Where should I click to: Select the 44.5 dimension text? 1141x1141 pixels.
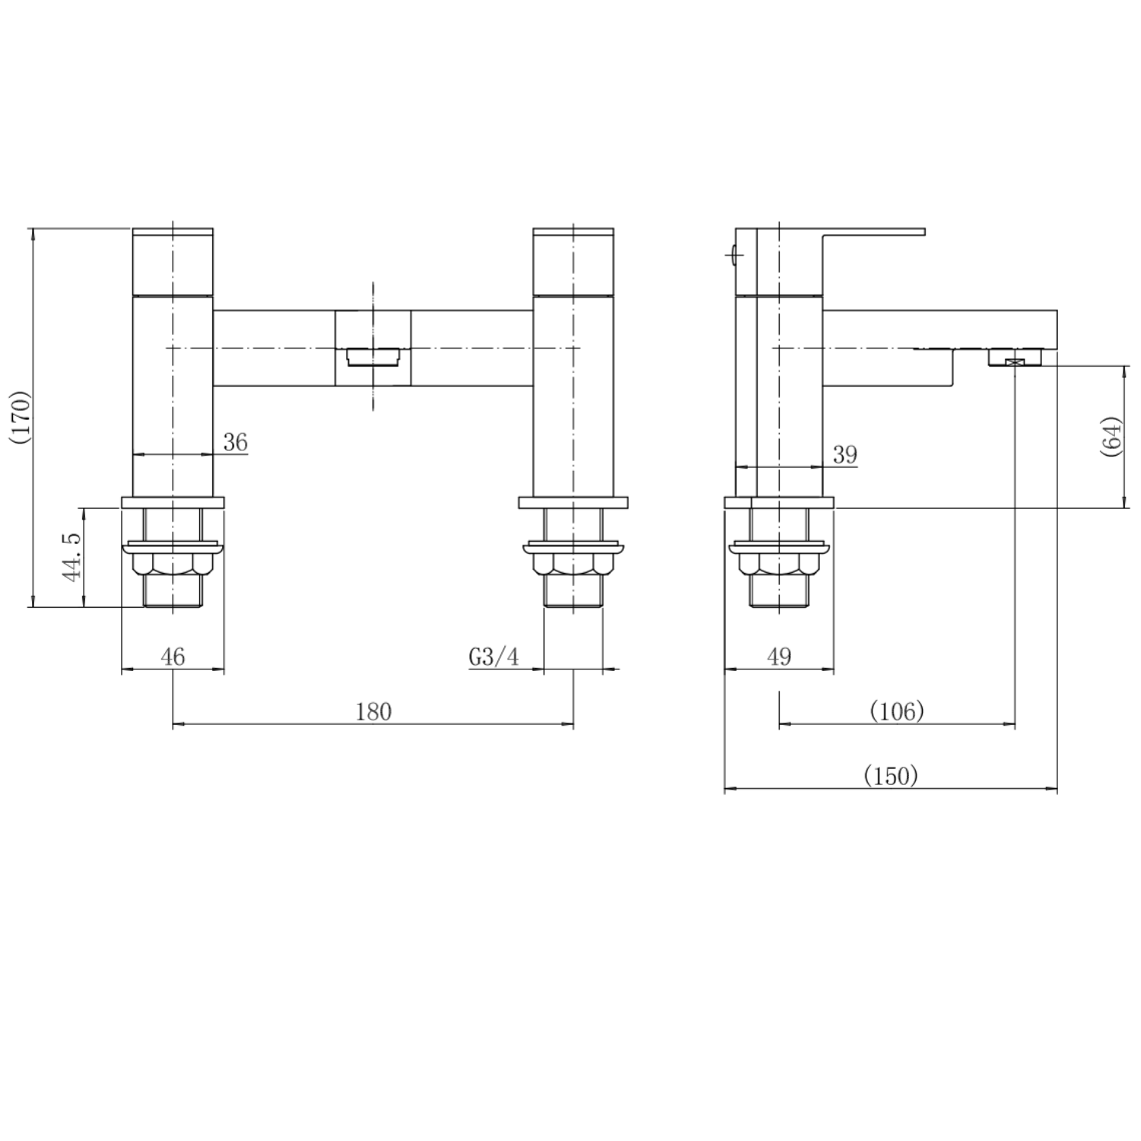coord(73,558)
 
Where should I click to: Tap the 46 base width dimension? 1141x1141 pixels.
coord(173,656)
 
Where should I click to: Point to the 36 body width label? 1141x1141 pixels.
coord(236,442)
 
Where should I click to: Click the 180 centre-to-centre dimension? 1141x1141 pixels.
coord(373,711)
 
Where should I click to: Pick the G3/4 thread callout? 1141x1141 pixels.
coord(494,656)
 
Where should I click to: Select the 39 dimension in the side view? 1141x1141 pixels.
coord(845,455)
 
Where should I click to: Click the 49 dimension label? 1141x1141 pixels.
coord(780,656)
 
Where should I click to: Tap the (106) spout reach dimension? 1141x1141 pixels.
coord(897,711)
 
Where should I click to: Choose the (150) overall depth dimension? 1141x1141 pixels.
coord(892,776)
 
